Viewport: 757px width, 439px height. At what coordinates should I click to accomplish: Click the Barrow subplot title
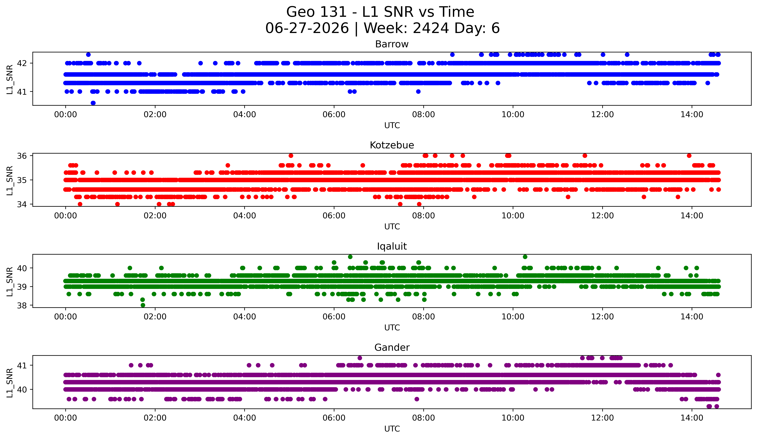(392, 44)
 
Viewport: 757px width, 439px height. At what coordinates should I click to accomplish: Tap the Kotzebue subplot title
(392, 145)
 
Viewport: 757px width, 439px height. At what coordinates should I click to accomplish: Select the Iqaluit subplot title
(392, 246)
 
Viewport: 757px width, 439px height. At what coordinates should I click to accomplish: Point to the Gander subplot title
(392, 348)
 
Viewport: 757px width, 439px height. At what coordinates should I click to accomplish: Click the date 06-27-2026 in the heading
(307, 28)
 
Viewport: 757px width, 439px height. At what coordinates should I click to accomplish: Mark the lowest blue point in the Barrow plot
(93, 103)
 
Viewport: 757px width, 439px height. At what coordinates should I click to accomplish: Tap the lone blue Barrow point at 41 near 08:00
(418, 91)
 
